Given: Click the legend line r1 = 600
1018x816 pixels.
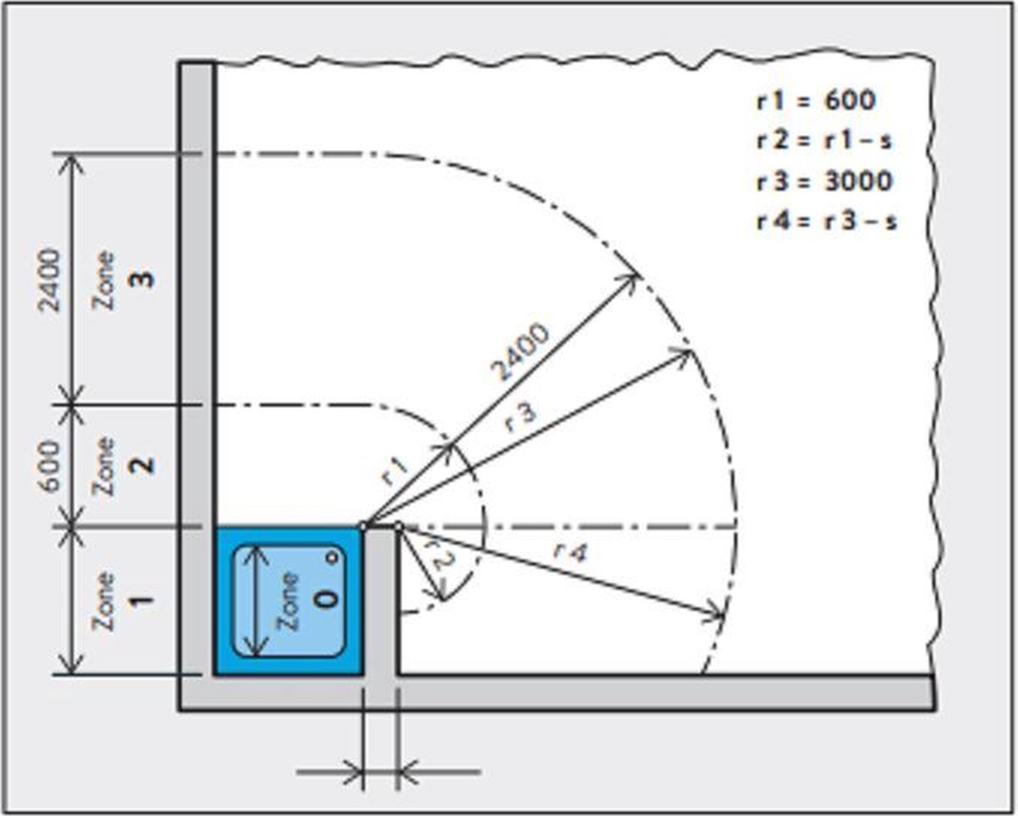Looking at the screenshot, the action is pos(816,100).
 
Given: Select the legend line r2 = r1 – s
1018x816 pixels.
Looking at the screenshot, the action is pos(824,141).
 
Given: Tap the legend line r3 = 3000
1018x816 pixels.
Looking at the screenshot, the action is pos(825,182).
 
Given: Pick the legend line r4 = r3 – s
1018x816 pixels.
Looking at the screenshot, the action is pos(826,221).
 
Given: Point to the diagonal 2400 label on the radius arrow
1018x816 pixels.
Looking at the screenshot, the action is pos(520,352).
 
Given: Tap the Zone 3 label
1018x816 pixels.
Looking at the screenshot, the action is pos(122,281).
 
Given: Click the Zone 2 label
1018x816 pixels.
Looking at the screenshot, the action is pos(122,467).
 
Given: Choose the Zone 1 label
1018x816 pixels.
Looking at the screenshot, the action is pos(122,601).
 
